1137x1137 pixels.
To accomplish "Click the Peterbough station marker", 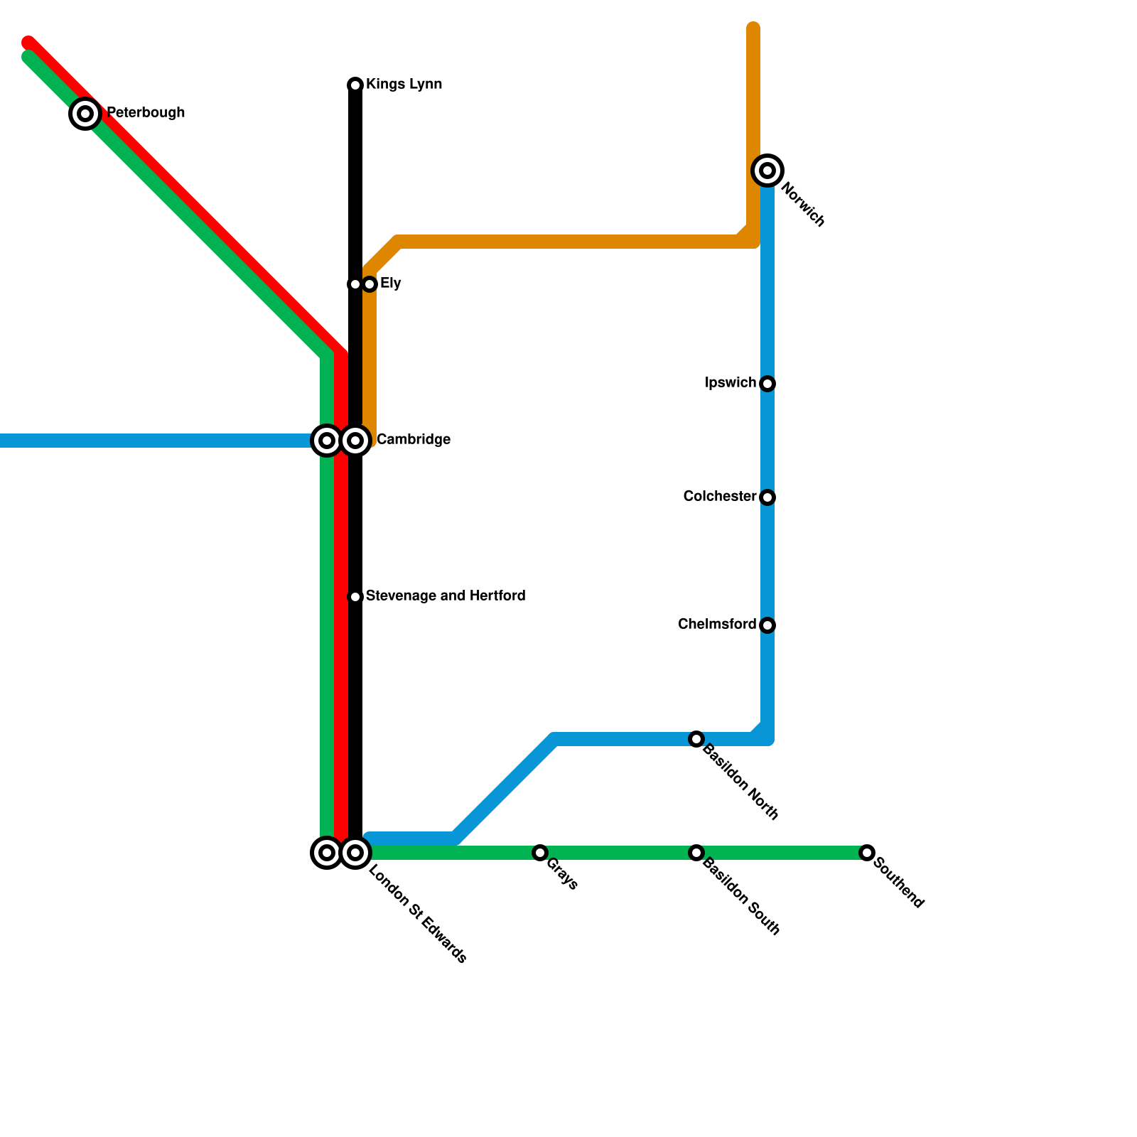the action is tap(85, 113).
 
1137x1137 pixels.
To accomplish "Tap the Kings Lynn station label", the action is tap(404, 85).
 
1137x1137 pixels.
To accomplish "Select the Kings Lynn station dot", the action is tap(355, 85).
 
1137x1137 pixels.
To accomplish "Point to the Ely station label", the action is tap(390, 284).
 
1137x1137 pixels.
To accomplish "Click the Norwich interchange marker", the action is tap(767, 171).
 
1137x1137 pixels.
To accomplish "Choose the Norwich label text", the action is tap(802, 205).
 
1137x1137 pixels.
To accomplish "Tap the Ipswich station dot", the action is tap(767, 384).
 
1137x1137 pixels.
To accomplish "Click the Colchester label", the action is tap(719, 496).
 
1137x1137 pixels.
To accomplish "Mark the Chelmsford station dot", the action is tap(767, 625).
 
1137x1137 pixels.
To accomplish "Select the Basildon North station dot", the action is tap(696, 739).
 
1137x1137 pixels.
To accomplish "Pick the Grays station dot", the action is tap(540, 853).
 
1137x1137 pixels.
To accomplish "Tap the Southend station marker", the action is tap(866, 853).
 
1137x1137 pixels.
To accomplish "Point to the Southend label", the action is tap(898, 883).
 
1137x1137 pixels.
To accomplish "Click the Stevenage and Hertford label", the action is tap(446, 596).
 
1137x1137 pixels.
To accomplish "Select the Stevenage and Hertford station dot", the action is tap(355, 597).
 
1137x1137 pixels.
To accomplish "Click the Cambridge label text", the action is tap(413, 440).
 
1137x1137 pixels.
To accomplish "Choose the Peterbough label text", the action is tap(146, 113).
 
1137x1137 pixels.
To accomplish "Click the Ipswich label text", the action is tap(730, 383).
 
